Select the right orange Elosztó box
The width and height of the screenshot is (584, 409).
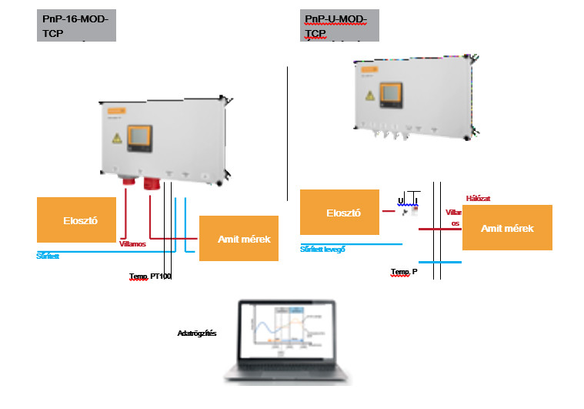point(339,212)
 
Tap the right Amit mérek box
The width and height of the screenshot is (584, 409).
point(507,228)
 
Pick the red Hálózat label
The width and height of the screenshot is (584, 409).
point(479,198)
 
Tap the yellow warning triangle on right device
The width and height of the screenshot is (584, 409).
point(369,97)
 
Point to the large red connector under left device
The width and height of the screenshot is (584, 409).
point(152,185)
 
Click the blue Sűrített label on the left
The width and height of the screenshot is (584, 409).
point(48,256)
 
